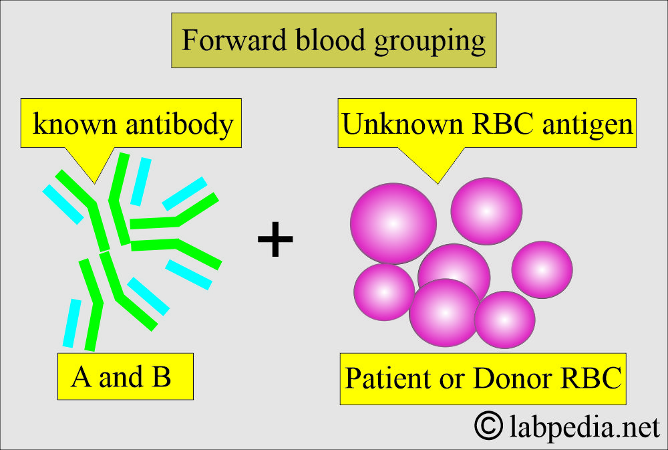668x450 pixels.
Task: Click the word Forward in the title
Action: [x=234, y=40]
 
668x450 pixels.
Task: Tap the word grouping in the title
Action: [x=430, y=42]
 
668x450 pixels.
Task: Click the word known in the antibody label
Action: [x=75, y=124]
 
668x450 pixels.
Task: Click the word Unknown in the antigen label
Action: [x=402, y=124]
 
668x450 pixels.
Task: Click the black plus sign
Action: [x=275, y=239]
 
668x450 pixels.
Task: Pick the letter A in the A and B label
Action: [x=81, y=376]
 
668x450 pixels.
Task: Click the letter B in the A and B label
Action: [x=162, y=376]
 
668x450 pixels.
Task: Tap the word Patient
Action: [x=387, y=378]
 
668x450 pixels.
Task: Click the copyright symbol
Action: [x=488, y=425]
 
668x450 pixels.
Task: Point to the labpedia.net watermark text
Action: [x=584, y=427]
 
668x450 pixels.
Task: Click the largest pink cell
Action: [x=393, y=223]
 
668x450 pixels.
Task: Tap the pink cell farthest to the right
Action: [x=542, y=269]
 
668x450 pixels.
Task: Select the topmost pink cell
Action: [x=486, y=211]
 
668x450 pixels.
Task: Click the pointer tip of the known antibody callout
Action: [x=95, y=183]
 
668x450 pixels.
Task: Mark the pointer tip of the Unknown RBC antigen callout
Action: [x=438, y=184]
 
